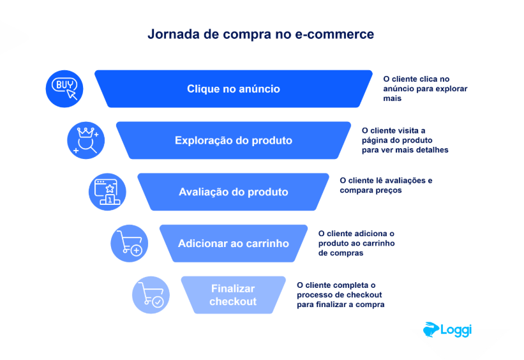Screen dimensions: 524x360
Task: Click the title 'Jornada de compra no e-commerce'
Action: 260,34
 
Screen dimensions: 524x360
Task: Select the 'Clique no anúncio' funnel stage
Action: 233,89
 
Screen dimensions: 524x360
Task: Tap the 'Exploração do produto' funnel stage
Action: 233,140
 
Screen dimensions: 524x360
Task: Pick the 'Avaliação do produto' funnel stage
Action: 233,192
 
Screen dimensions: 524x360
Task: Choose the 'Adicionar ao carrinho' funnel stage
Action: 233,243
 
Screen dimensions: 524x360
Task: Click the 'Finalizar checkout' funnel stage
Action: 233,295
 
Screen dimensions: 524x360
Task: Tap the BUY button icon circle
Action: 64,89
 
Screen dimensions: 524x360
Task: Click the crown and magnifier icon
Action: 86,140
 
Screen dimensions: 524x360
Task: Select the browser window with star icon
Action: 107,192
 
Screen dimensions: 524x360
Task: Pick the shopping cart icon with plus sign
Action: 130,243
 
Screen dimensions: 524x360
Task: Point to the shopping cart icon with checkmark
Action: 151,295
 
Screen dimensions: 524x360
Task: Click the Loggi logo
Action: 447,330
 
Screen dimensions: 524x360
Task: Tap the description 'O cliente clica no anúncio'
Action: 425,89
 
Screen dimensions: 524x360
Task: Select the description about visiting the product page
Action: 405,140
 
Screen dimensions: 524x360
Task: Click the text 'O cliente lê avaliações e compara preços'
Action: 386,185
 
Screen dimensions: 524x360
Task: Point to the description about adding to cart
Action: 356,243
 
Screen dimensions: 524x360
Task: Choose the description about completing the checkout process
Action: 341,294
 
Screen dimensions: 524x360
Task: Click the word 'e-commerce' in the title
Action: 334,34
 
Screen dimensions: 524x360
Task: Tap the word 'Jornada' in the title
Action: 174,34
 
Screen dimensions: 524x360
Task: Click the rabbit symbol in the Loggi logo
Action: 431,329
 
